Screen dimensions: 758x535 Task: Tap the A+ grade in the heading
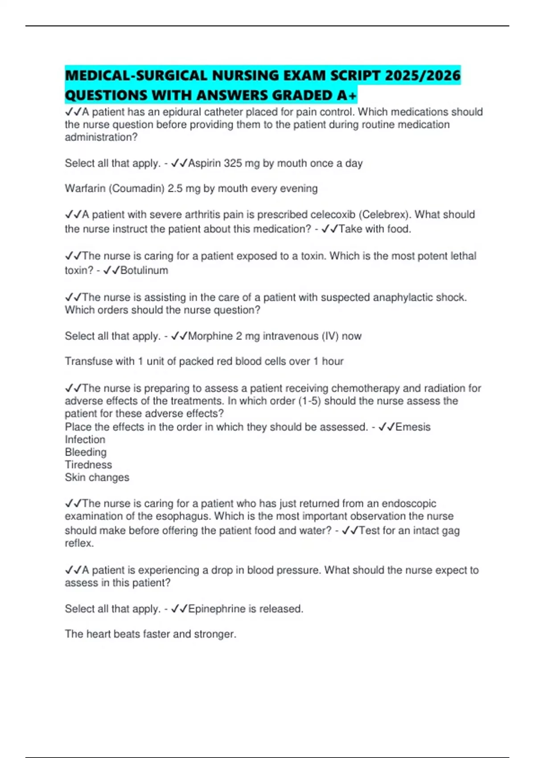(x=347, y=95)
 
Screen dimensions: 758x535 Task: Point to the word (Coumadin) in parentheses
(x=136, y=189)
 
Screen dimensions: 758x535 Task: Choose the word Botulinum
(x=144, y=270)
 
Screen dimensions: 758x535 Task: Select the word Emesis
(x=413, y=427)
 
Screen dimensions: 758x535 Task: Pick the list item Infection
(x=85, y=440)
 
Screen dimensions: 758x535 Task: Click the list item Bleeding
(x=86, y=452)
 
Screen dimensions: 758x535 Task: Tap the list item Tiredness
(x=88, y=465)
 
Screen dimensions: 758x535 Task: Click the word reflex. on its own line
(x=79, y=543)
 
